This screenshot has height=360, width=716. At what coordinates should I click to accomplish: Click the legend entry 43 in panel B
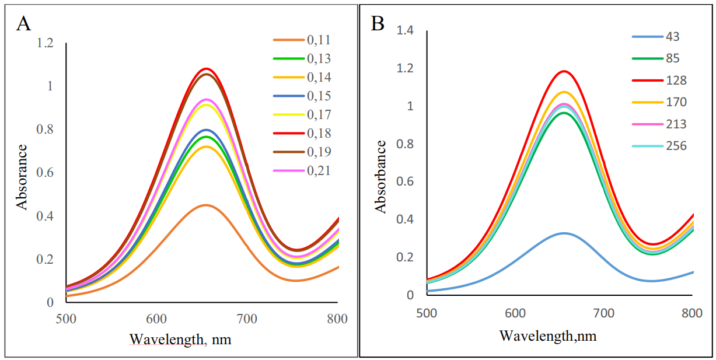tap(672, 37)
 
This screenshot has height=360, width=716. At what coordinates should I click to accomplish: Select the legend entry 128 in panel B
tap(676, 80)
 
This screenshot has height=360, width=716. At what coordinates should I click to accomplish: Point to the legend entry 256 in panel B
tap(676, 145)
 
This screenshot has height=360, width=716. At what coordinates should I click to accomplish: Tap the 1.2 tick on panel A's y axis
tap(45, 43)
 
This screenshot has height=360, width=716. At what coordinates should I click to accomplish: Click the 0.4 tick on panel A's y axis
tap(45, 216)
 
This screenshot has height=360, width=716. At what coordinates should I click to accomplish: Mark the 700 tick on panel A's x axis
tap(247, 319)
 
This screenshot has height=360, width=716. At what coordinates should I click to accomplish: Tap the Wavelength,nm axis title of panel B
tap(548, 336)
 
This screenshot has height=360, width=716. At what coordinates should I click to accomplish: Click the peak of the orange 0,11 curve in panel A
tap(205, 205)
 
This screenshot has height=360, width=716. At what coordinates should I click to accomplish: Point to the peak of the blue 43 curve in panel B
tap(564, 233)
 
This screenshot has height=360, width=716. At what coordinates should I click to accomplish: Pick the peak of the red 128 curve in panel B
tap(564, 71)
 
